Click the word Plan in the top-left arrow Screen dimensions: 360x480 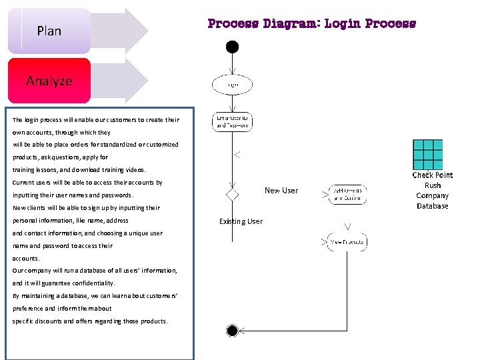click(49, 31)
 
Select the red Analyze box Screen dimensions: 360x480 click(49, 81)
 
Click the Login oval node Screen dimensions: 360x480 click(232, 85)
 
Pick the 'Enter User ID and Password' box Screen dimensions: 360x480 click(232, 121)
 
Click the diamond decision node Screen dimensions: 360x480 click(232, 194)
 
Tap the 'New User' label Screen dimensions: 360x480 click(281, 191)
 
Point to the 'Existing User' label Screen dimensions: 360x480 click(241, 221)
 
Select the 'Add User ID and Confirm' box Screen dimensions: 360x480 click(347, 194)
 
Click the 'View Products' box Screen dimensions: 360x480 click(347, 241)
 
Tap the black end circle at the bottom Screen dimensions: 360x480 click(232, 331)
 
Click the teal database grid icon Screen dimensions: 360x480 click(427, 155)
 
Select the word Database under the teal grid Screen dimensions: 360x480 click(433, 206)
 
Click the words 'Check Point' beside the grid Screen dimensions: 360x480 click(432, 175)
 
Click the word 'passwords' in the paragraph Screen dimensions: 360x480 click(117, 195)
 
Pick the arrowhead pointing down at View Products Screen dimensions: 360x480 click(347, 225)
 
